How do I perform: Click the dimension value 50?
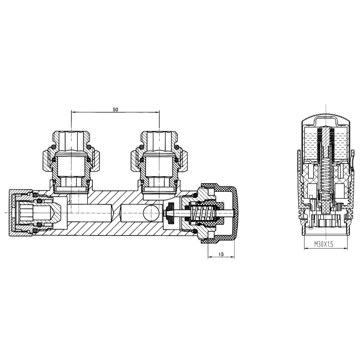(115, 110)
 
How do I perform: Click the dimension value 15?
(221, 254)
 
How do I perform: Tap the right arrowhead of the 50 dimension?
(158, 112)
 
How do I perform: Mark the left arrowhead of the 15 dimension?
(210, 257)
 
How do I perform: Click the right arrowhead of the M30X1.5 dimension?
(346, 248)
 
